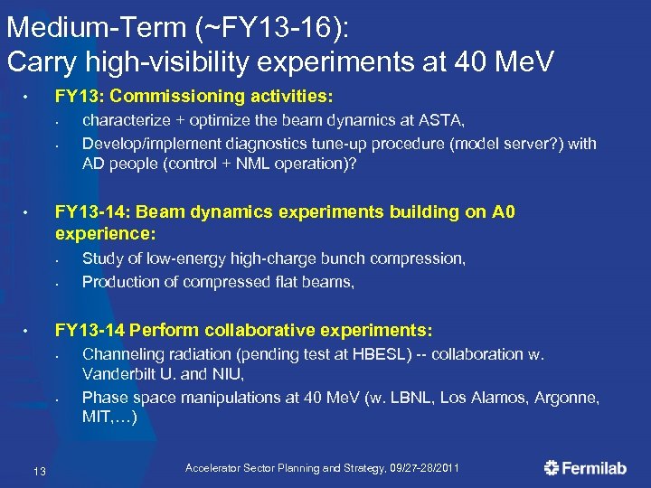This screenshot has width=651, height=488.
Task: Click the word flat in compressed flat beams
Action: click(259, 282)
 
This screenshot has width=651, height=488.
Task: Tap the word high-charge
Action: click(273, 258)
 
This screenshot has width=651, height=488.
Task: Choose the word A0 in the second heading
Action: click(494, 212)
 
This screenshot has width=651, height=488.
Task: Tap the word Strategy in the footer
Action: click(344, 468)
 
